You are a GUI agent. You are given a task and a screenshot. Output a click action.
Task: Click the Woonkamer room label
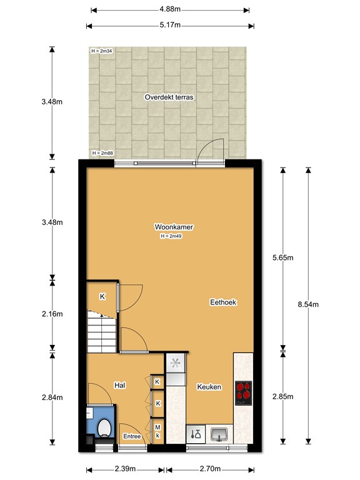[x=174, y=227]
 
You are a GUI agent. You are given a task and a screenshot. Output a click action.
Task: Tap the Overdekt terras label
[x=169, y=97]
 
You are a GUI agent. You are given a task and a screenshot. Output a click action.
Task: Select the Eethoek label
[x=223, y=302]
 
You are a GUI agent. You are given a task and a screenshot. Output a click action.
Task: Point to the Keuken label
[x=209, y=387]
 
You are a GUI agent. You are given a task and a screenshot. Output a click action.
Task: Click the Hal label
[x=120, y=385]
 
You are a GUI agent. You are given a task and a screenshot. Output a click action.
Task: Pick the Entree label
[x=132, y=436]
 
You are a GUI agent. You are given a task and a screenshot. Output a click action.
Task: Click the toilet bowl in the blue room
[x=104, y=427]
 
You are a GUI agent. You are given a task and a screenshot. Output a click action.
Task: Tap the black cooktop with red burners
[x=243, y=393]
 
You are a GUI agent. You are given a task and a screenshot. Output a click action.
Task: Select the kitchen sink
[x=219, y=434]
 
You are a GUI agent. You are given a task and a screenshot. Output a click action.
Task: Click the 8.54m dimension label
[x=308, y=304]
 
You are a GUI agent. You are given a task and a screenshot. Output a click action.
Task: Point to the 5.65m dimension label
[x=283, y=257]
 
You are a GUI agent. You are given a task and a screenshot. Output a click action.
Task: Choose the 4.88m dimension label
[x=170, y=9]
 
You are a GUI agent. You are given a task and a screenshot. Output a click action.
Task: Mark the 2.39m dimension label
[x=125, y=469]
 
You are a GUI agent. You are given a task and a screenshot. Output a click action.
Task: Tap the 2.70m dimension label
[x=210, y=469]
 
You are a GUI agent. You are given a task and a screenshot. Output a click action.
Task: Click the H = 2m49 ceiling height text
[x=171, y=236]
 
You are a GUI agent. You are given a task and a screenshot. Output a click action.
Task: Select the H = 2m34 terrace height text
[x=102, y=51]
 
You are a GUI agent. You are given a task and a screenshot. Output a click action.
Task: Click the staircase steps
[x=102, y=332]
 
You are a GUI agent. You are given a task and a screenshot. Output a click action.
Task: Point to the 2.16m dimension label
[x=52, y=314]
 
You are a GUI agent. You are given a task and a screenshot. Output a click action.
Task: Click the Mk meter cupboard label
[x=157, y=431]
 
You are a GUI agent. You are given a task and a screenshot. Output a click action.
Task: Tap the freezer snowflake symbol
[x=176, y=363]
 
